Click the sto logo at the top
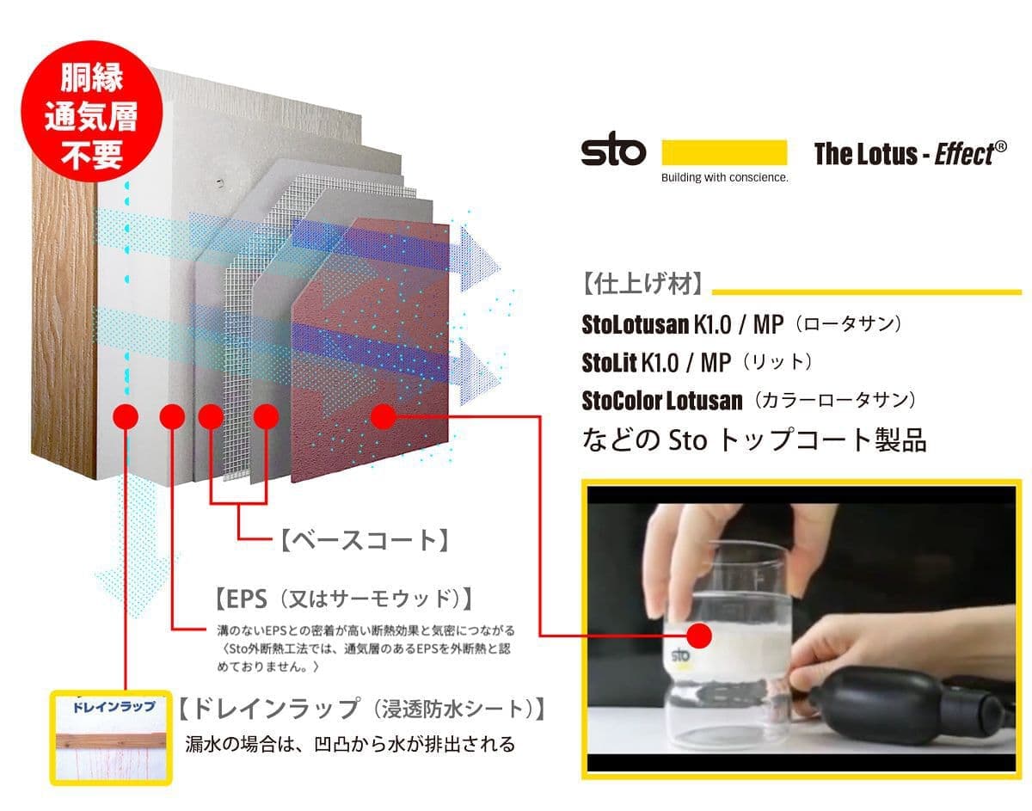coord(613,149)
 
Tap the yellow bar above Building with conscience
coord(724,152)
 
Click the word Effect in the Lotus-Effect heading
coord(964,154)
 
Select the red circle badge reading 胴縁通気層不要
coord(92,111)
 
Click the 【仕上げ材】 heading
coord(642,285)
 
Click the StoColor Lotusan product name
coord(661,401)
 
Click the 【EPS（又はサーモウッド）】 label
coord(344,599)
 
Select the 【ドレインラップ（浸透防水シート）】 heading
coord(362,709)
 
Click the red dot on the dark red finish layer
coord(384,417)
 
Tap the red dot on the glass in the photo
coord(698,636)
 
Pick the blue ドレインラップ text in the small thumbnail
coord(114,707)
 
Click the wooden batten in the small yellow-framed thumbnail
coord(112,740)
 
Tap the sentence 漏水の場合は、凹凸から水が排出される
coord(350,744)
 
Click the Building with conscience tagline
coord(725,177)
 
